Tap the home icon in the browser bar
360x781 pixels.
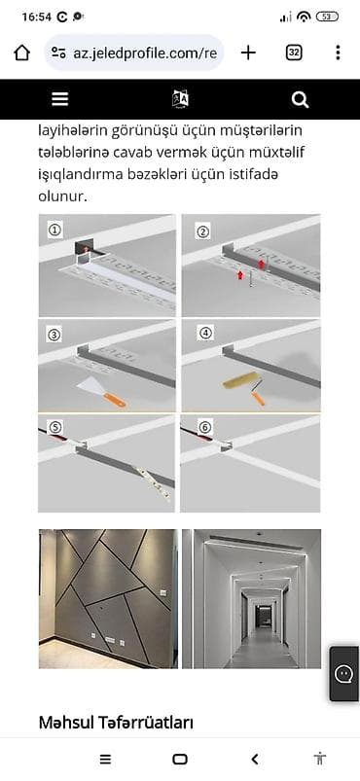21,53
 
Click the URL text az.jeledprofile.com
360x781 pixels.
145,53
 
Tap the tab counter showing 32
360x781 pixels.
294,53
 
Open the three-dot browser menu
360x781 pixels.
338,53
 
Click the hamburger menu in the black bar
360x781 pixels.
59,99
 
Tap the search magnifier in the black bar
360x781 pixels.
301,99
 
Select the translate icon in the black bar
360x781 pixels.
181,99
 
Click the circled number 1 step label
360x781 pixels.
54,230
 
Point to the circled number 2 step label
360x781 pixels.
203,231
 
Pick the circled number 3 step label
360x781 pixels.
54,336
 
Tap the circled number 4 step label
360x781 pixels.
205,334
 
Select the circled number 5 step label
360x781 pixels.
54,427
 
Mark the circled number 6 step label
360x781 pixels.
205,427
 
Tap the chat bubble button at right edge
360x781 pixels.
343,674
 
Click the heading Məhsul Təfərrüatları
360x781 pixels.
116,722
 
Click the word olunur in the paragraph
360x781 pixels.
63,196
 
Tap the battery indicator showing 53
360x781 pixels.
327,17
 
